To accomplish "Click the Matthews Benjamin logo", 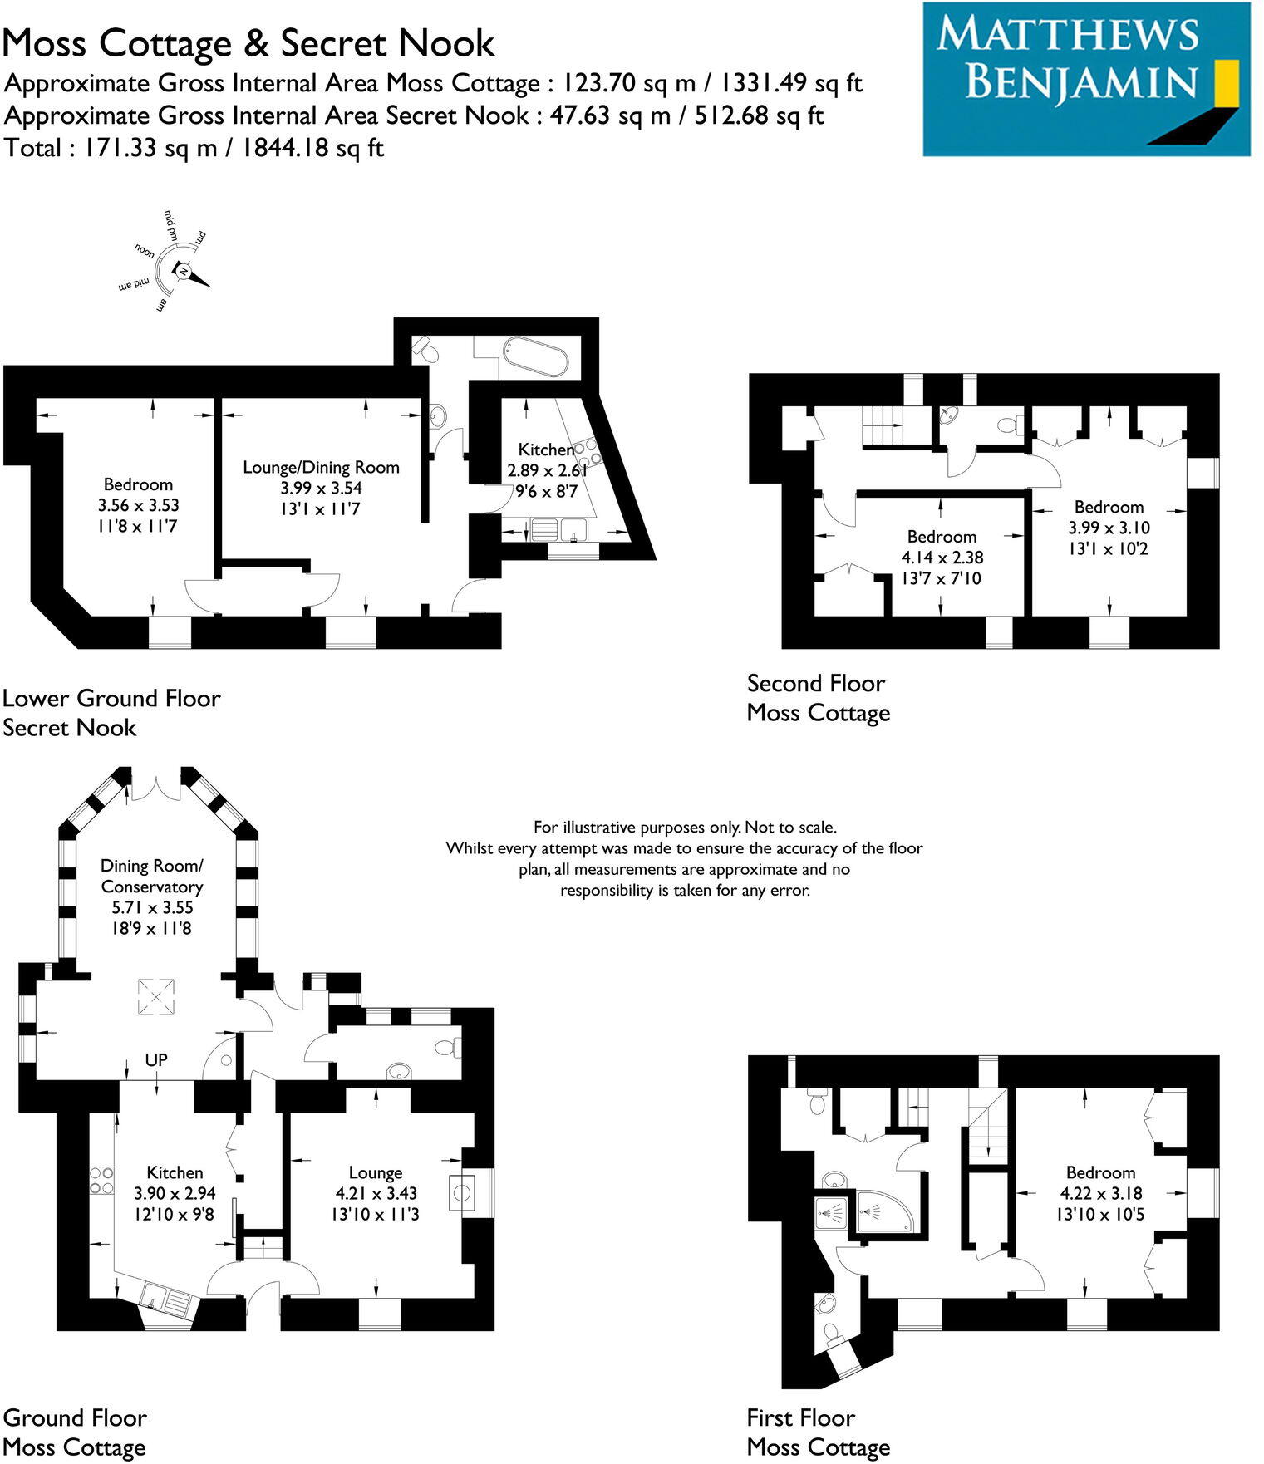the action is click(x=1085, y=79).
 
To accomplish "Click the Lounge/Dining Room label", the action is click(x=321, y=468).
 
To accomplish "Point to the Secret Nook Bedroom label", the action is click(x=138, y=484).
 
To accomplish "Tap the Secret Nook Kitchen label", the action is click(x=546, y=450).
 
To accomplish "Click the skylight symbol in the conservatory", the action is click(x=156, y=996).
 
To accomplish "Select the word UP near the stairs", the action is click(x=156, y=1060).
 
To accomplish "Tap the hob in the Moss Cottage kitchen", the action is click(x=101, y=1181).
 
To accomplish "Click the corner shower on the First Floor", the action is click(x=883, y=1215).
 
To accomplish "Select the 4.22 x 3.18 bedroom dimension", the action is click(x=1100, y=1193).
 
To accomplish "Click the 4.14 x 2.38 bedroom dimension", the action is click(x=941, y=558).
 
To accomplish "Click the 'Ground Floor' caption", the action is click(x=75, y=1417).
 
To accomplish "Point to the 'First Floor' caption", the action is click(x=800, y=1417).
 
